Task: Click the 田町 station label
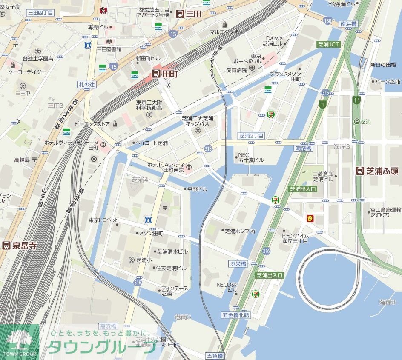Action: [x=165, y=74]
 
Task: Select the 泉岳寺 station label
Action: [x=19, y=246]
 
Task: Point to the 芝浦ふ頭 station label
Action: [x=377, y=171]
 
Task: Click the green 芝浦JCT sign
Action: [x=329, y=44]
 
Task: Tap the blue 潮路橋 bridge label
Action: [x=303, y=148]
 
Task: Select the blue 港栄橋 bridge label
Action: [x=238, y=264]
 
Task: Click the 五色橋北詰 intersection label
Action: [x=236, y=315]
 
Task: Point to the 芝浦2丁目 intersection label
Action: [x=251, y=136]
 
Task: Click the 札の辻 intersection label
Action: [x=87, y=84]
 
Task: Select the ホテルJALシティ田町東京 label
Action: [x=165, y=167]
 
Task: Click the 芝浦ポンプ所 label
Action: [x=240, y=231]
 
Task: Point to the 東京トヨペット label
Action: [x=103, y=220]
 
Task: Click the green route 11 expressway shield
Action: [x=356, y=100]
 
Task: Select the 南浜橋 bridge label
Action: [x=348, y=24]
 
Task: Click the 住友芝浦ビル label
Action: [x=171, y=268]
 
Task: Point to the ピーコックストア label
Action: [x=92, y=124]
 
